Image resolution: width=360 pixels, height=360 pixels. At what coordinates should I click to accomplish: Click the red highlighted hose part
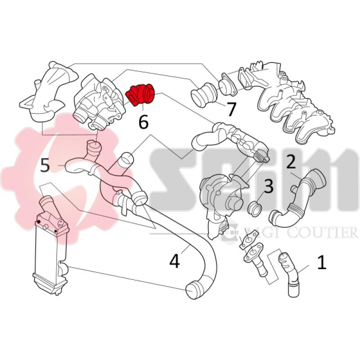[x=141, y=94]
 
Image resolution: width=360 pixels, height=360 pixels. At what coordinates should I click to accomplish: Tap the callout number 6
[x=143, y=121]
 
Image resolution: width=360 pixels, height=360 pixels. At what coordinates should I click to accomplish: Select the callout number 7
[x=231, y=109]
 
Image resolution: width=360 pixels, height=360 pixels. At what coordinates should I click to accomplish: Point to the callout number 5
[x=45, y=165]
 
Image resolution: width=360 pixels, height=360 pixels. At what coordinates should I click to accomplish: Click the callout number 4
[x=175, y=260]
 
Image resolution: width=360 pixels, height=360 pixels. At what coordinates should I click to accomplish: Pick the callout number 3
[x=268, y=186]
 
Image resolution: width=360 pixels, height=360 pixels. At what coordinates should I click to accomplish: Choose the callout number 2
[x=291, y=161]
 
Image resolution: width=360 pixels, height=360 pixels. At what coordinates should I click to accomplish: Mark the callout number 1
[x=321, y=262]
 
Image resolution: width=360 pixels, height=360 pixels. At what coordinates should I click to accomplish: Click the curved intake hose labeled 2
[x=297, y=198]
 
